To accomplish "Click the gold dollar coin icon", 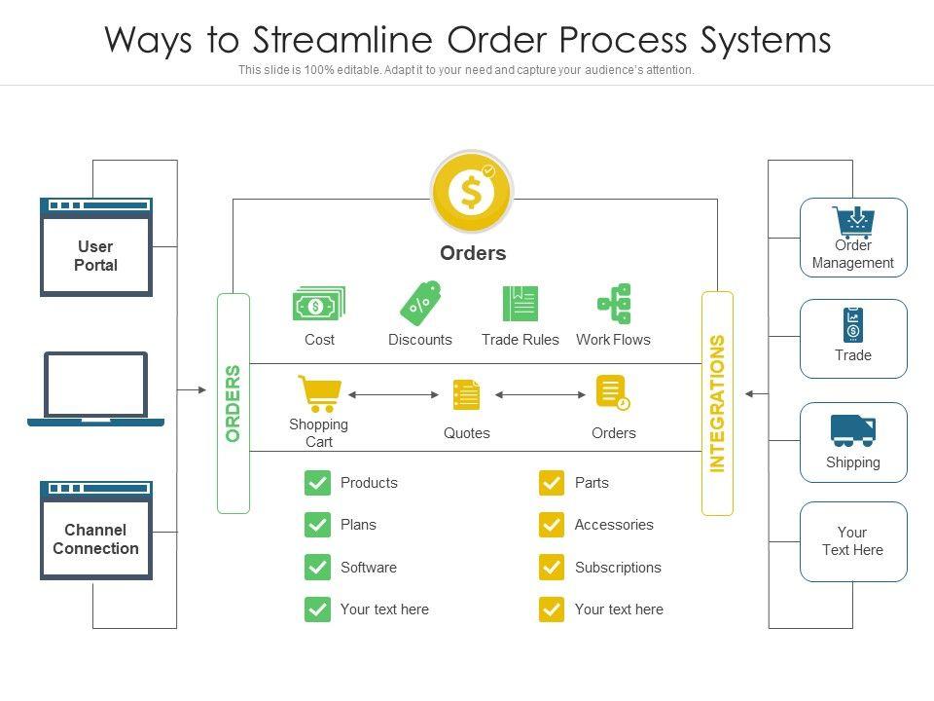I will point(472,192).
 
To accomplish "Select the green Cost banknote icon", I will point(319,305).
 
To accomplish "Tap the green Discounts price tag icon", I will point(420,304).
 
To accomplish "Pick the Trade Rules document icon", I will point(521,304).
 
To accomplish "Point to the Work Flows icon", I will point(615,304).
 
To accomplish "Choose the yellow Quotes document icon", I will point(467,395).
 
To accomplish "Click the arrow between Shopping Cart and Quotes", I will point(394,395).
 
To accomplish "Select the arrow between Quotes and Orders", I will point(541,395).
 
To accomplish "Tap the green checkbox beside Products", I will point(317,483).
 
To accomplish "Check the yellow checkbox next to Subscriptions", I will point(552,568).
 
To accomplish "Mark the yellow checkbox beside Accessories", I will point(552,525).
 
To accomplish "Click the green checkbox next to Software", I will point(317,568).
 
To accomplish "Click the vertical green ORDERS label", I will point(233,403).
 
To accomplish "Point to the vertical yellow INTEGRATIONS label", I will point(718,403).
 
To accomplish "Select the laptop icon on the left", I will point(96,389).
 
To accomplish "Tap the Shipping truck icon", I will point(853,429).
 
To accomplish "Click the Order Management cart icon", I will point(853,222).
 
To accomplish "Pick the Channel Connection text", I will point(95,539).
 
